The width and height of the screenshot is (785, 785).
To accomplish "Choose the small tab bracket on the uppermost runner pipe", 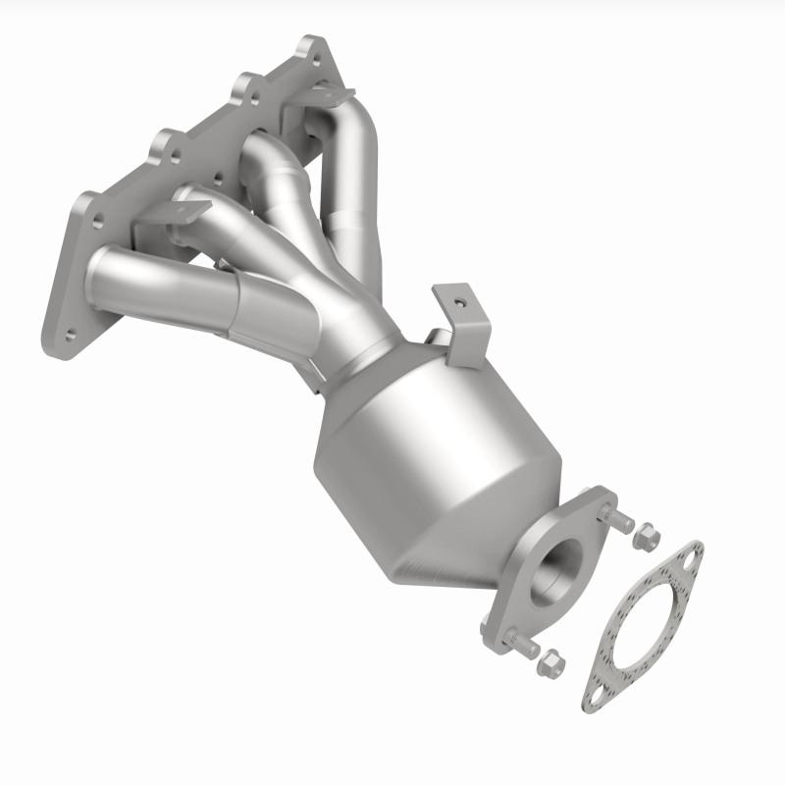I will (x=329, y=96).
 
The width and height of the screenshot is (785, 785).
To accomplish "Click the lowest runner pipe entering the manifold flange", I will (x=157, y=285).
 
